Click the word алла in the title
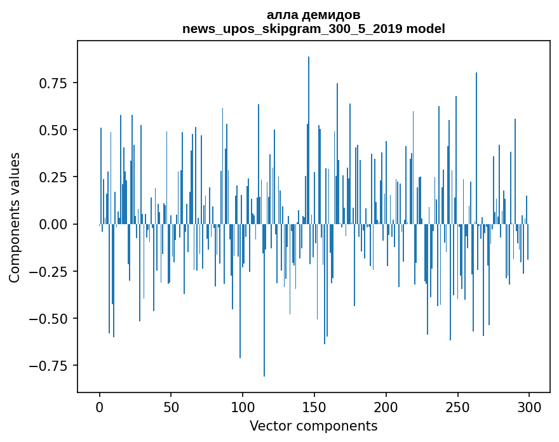[x=280, y=15]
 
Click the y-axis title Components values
[x=15, y=217]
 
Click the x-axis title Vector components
[x=313, y=426]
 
